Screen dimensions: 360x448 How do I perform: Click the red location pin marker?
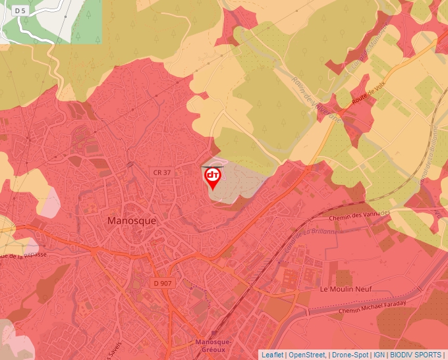pyautogui.click(x=213, y=178)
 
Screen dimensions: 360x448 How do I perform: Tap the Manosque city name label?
pyautogui.click(x=132, y=221)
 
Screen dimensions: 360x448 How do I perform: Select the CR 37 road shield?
pyautogui.click(x=161, y=172)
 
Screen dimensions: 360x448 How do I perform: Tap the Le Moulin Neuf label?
pyautogui.click(x=345, y=289)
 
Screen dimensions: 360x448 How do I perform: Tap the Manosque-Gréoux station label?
pyautogui.click(x=221, y=346)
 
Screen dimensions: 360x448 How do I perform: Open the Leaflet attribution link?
pyautogui.click(x=272, y=355)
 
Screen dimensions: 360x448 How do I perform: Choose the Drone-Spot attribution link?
pyautogui.click(x=350, y=355)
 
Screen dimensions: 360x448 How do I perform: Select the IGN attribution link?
pyautogui.click(x=379, y=355)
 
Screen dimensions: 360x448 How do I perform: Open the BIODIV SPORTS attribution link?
pyautogui.click(x=416, y=355)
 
